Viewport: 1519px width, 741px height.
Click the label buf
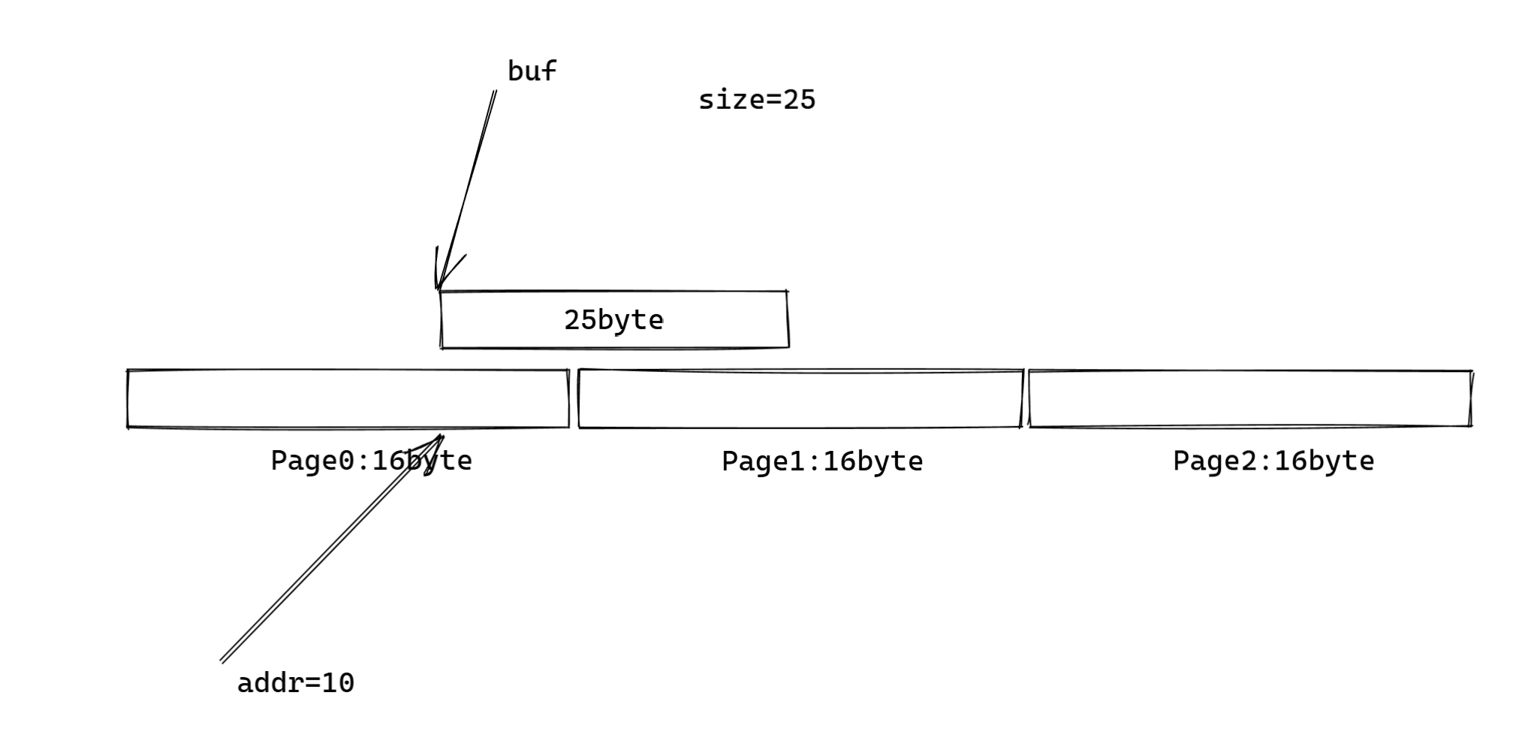pyautogui.click(x=532, y=71)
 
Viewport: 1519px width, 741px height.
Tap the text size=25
pyautogui.click(x=756, y=100)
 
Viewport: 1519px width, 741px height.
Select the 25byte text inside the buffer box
pyautogui.click(x=613, y=320)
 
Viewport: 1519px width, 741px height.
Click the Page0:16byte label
pyautogui.click(x=371, y=461)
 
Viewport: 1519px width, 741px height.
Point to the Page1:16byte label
pyautogui.click(x=822, y=461)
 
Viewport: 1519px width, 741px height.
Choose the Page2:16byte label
pyautogui.click(x=1273, y=461)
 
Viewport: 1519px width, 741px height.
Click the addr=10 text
pyautogui.click(x=295, y=683)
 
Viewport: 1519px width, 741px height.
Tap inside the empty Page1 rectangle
pyautogui.click(x=800, y=399)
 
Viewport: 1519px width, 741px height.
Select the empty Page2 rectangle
pyautogui.click(x=1250, y=399)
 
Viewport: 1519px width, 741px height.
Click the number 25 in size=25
pyautogui.click(x=799, y=100)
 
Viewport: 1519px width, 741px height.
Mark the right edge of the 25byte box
pyautogui.click(x=788, y=320)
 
